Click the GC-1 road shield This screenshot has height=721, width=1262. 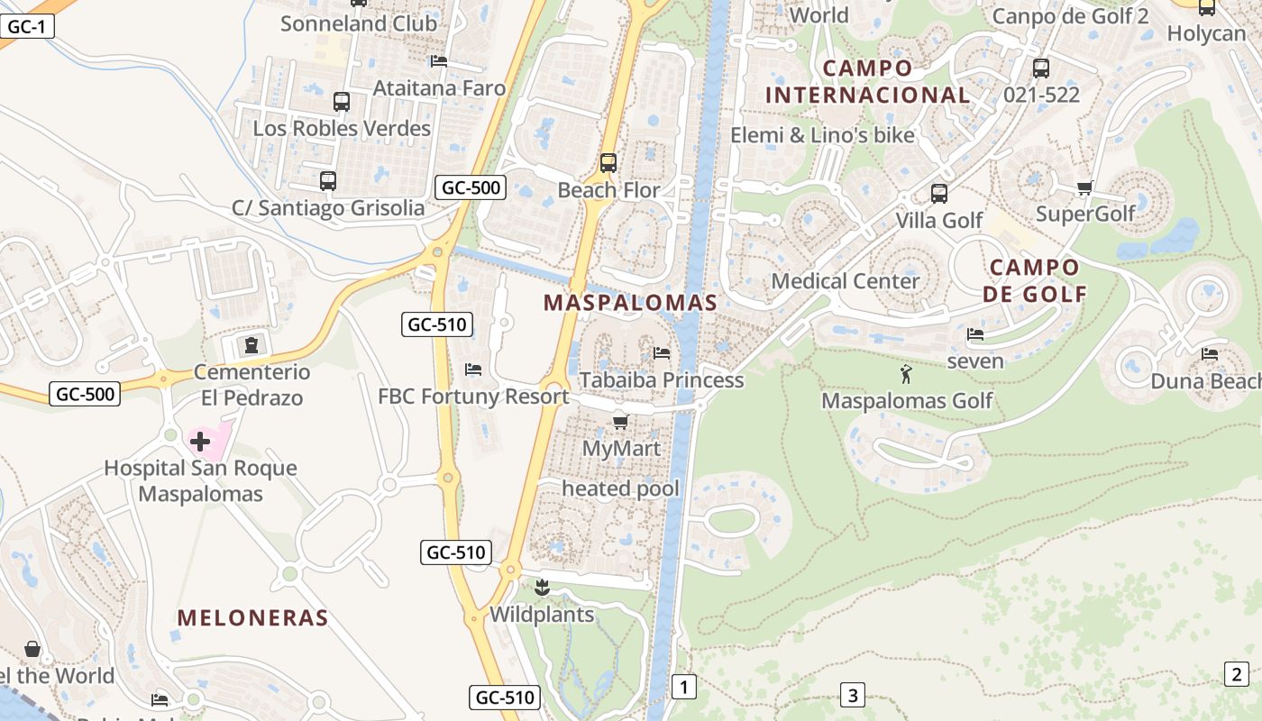(26, 27)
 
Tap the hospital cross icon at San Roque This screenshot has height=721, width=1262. (200, 442)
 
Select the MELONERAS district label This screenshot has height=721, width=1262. (252, 617)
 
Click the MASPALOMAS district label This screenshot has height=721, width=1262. (630, 303)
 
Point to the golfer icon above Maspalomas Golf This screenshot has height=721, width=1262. (906, 373)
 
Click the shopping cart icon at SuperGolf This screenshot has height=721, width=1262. (1084, 188)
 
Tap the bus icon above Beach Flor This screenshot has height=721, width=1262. (608, 163)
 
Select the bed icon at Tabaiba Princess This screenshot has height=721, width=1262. (662, 353)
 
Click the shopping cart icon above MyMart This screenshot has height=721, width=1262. (620, 422)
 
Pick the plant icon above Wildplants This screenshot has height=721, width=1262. (542, 588)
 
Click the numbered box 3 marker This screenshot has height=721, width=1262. (852, 695)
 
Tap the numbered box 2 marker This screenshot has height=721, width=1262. (1236, 673)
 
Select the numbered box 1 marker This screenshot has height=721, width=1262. (684, 688)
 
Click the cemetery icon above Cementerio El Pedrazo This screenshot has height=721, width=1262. (251, 345)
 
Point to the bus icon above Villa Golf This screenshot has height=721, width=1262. (938, 194)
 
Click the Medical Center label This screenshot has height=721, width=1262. (846, 281)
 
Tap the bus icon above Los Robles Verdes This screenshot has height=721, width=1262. (341, 102)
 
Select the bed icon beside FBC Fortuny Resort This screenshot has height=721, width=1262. (472, 370)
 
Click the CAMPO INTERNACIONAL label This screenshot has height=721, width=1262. (867, 81)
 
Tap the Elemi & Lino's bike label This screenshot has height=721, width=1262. (822, 135)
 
